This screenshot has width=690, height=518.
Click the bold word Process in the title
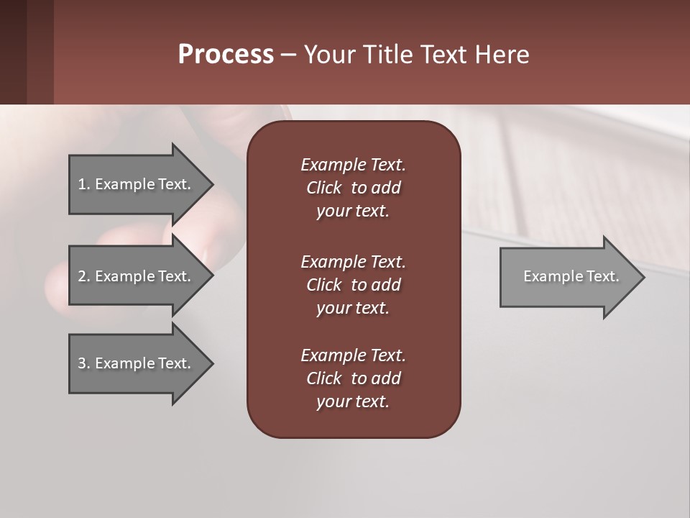click(x=226, y=54)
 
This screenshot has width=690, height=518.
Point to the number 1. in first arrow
click(x=83, y=184)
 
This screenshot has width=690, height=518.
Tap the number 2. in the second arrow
click(x=83, y=276)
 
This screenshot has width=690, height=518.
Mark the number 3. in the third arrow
click(x=83, y=363)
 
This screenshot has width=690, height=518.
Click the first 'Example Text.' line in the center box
click(x=353, y=165)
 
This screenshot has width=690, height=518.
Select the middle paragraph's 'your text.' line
click(x=353, y=308)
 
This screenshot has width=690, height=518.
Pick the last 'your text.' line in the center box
click(x=353, y=401)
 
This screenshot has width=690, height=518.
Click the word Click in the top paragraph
click(x=323, y=188)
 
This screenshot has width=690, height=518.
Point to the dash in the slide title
click(x=288, y=55)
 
